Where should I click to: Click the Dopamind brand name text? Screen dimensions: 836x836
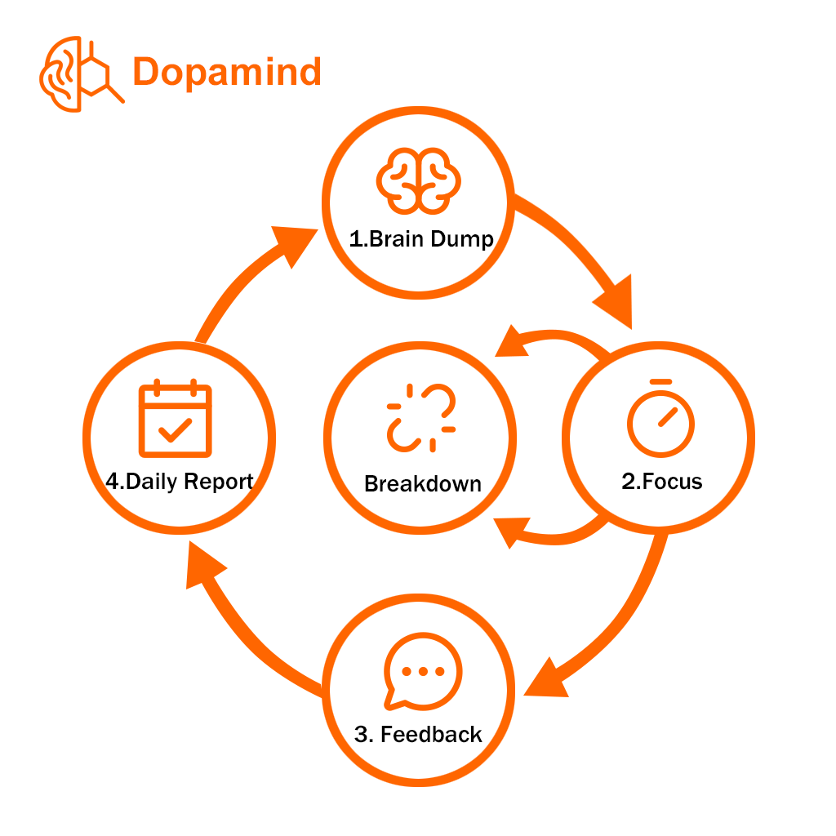[227, 72]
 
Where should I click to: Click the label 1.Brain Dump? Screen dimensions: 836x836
[421, 239]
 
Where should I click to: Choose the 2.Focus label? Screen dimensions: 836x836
[661, 481]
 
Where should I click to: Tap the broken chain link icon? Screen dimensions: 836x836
[421, 417]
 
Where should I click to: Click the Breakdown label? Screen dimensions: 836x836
[422, 483]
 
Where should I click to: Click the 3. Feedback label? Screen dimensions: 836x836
[419, 734]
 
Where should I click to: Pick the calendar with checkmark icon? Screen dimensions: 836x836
[175, 418]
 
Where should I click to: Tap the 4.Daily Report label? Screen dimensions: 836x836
[180, 481]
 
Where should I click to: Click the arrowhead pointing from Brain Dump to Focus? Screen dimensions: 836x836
[615, 303]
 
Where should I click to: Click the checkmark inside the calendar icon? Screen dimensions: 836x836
[175, 429]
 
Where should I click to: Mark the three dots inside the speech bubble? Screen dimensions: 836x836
[421, 671]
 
